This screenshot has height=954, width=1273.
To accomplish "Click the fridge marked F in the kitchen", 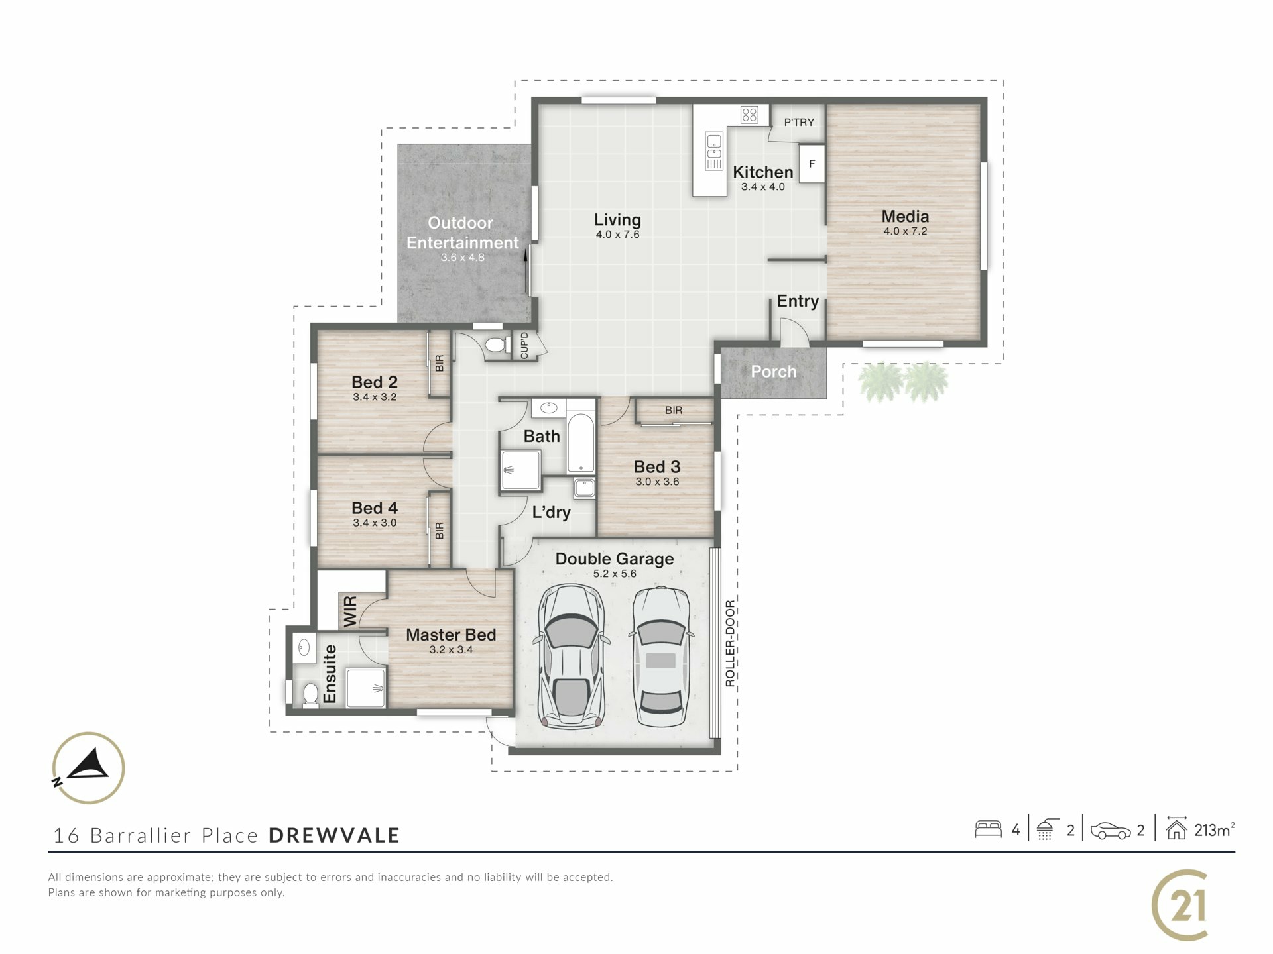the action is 812,164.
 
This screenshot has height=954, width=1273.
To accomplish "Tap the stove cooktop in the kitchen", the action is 749,115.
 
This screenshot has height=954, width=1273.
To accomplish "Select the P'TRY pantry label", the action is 799,122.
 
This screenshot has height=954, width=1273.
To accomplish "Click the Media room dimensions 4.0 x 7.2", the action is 905,231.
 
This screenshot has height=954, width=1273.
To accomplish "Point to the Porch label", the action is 774,372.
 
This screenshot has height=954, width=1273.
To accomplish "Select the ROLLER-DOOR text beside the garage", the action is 730,643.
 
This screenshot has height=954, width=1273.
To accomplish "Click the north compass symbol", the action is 88,768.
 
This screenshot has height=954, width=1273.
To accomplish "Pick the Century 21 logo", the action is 1181,905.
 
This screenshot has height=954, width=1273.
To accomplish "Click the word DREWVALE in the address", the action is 334,835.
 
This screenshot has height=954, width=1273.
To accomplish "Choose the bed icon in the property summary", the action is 988,829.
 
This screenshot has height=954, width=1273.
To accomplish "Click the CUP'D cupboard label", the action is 524,345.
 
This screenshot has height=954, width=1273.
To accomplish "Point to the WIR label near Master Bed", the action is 350,611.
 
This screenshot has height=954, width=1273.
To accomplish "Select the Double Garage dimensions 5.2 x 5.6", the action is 615,574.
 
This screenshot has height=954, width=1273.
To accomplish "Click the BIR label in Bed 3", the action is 674,411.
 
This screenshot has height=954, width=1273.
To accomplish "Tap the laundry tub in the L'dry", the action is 584,488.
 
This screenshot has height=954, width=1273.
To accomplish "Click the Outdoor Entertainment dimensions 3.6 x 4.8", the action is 463,258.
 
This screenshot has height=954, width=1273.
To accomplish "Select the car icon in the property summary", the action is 1111,831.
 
